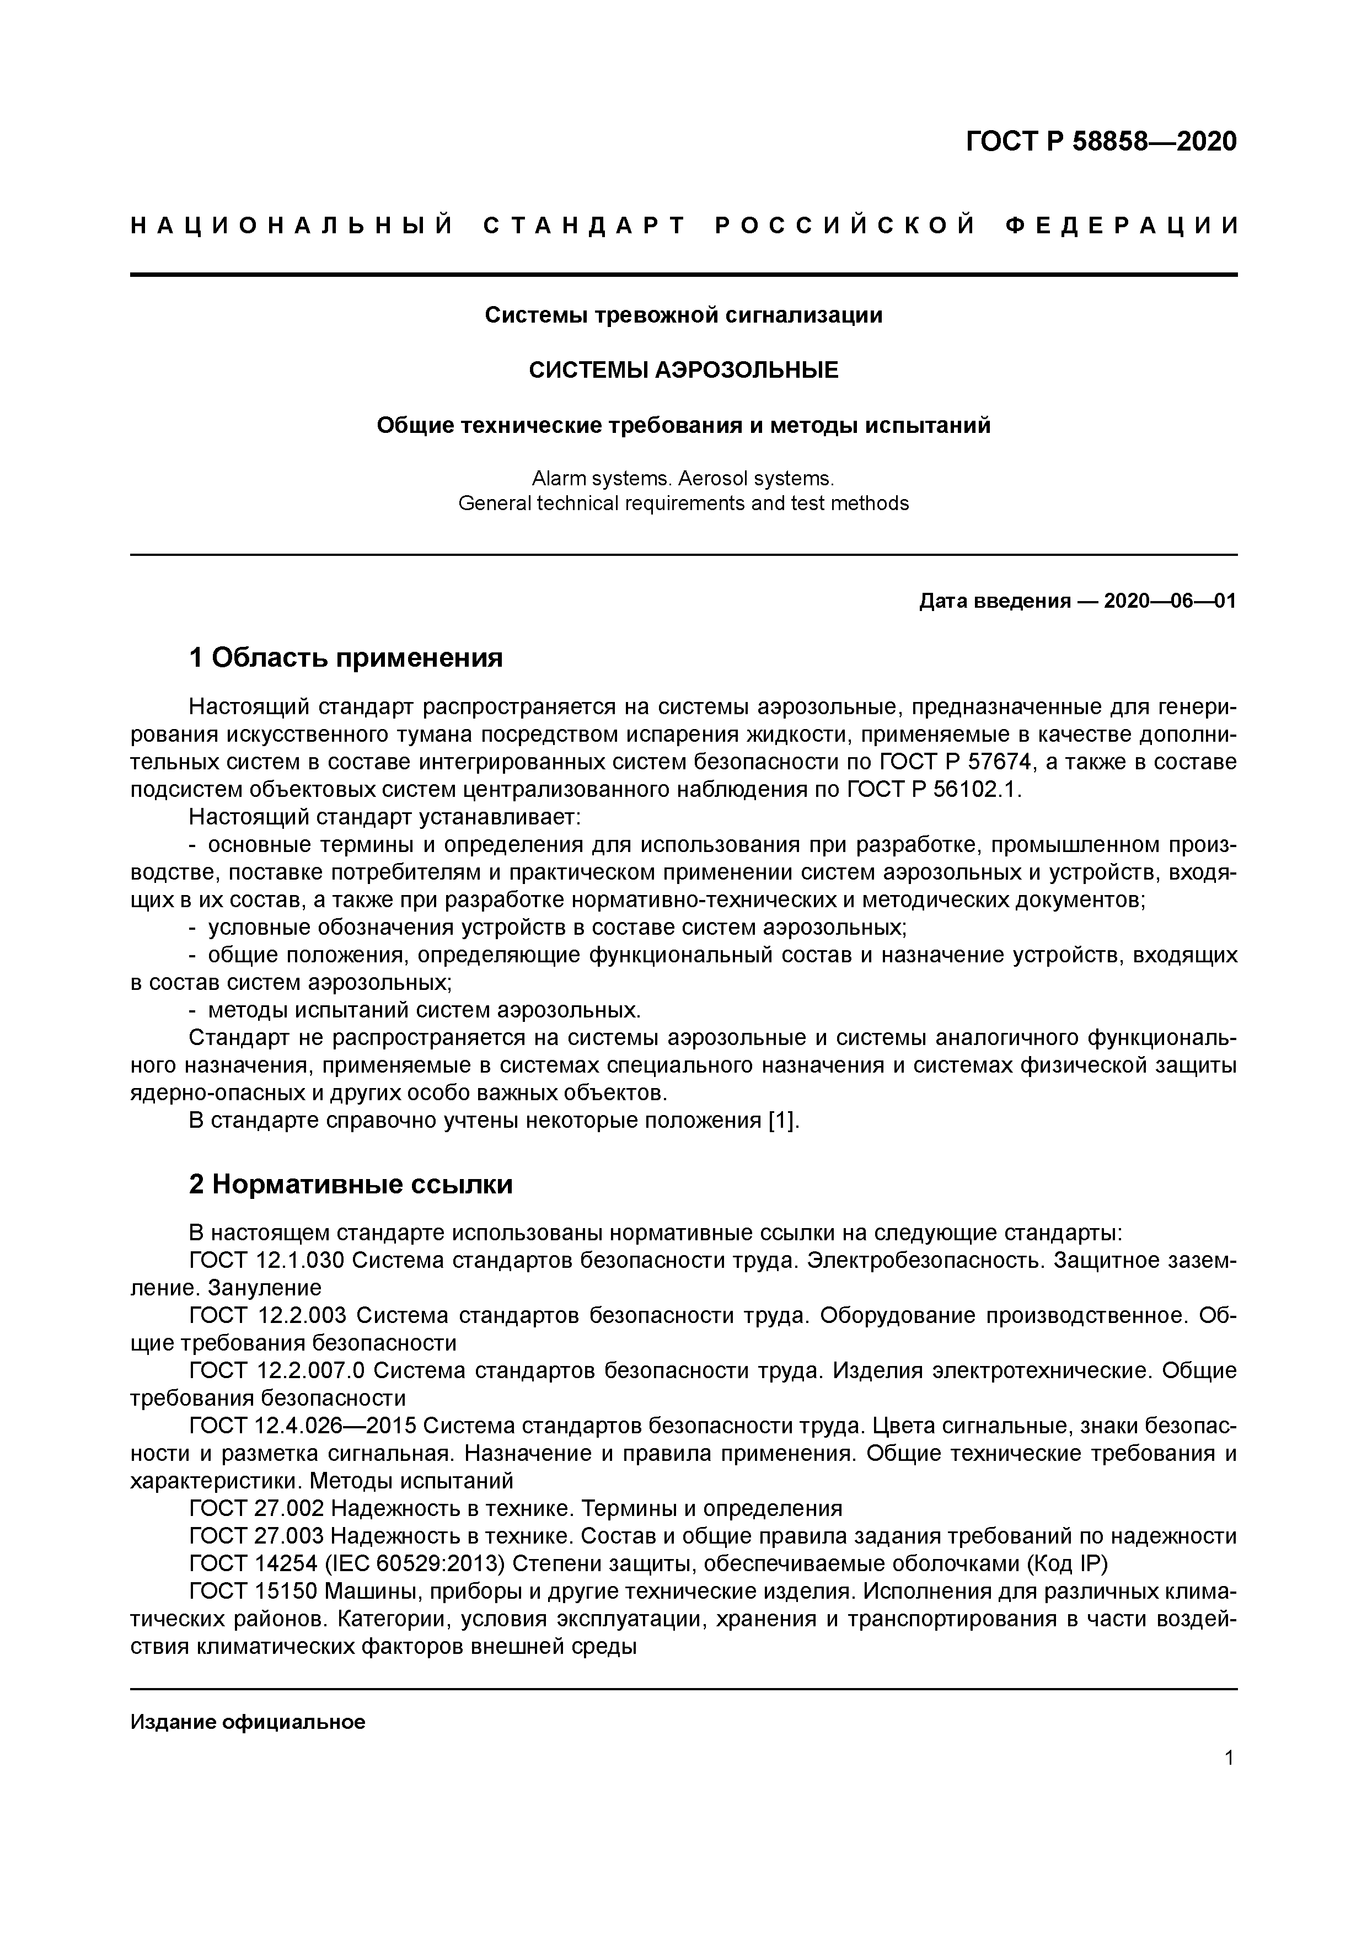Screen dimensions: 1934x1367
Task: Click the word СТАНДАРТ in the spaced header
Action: (x=585, y=226)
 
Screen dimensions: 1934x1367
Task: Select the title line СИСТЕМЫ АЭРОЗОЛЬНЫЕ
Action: (x=683, y=370)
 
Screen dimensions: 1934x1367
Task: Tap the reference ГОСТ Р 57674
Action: (x=956, y=762)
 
